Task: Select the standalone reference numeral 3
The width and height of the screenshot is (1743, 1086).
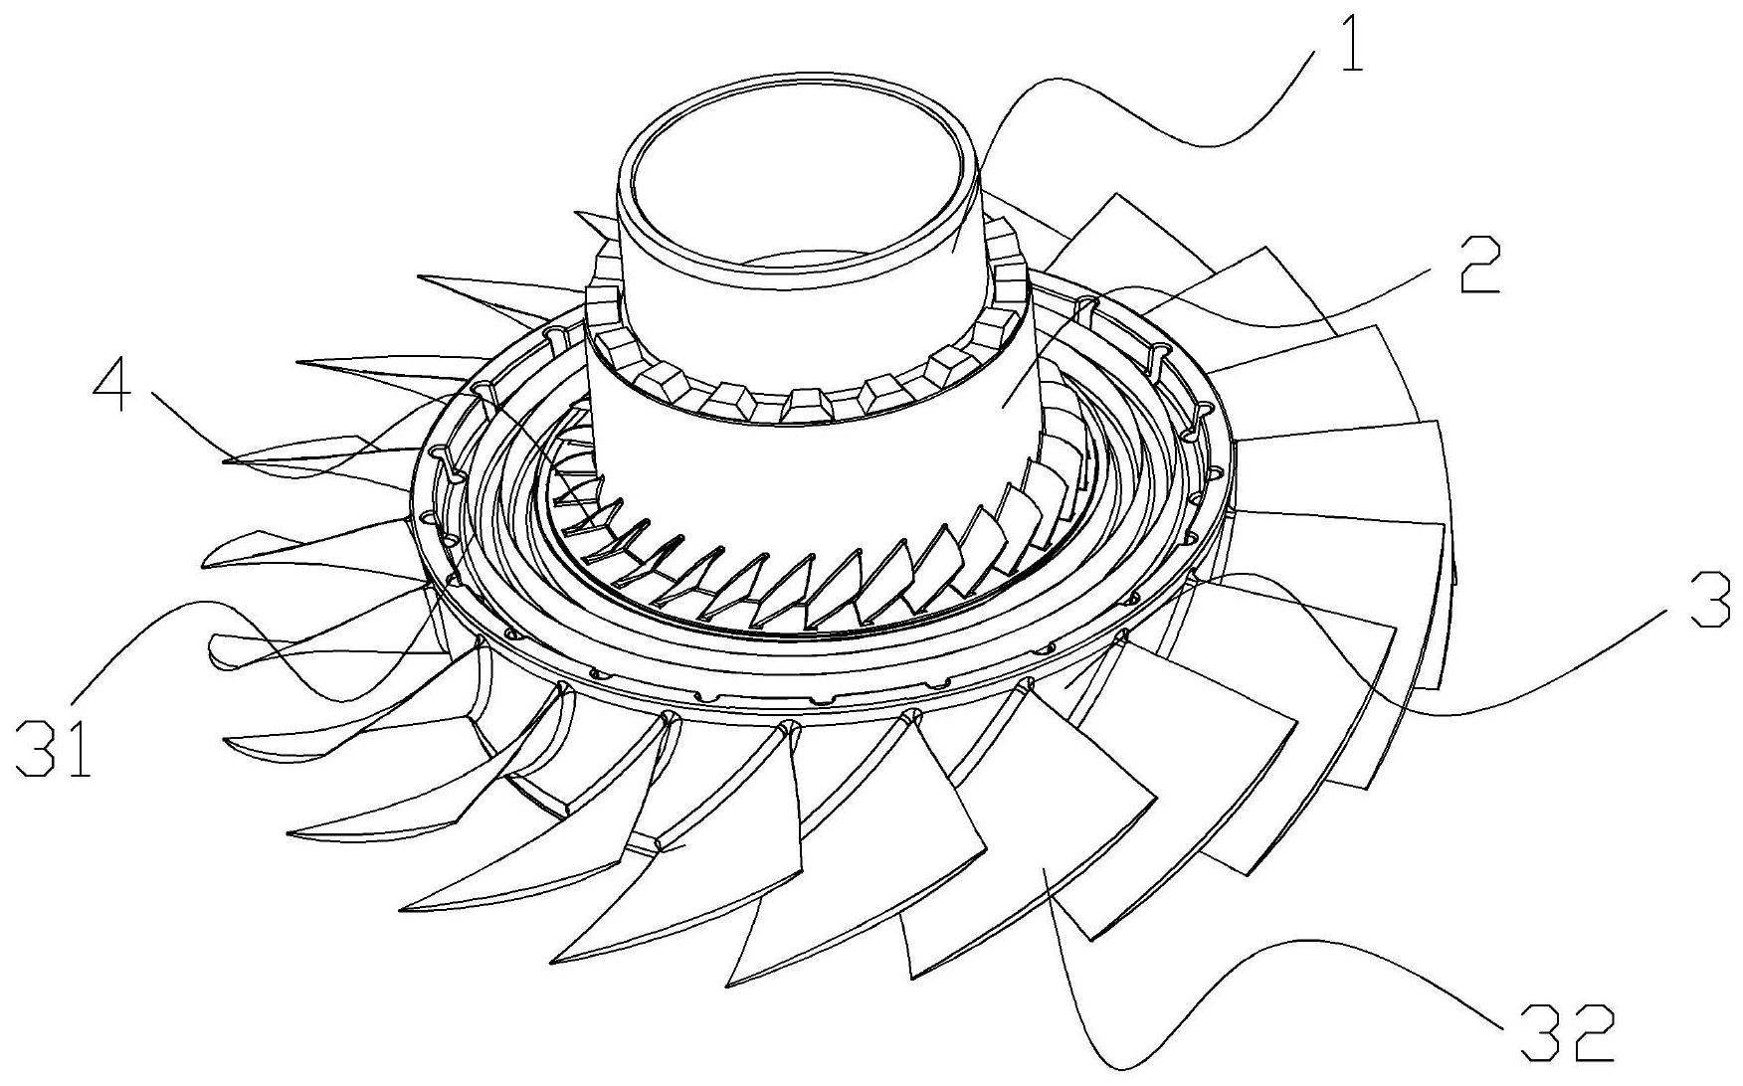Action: tap(1708, 595)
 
